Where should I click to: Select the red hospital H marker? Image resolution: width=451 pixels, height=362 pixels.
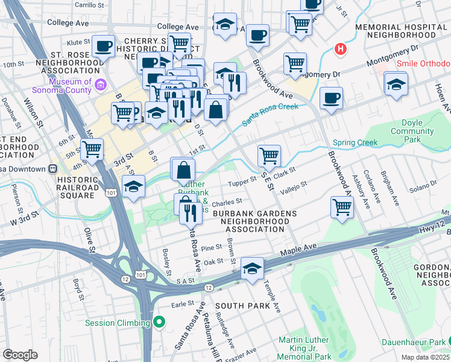[341, 49]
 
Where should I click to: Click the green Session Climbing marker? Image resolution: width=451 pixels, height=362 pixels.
[159, 323]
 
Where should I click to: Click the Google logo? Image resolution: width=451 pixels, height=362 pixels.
[20, 355]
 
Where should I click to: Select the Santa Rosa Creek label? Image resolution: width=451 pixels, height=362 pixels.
[271, 114]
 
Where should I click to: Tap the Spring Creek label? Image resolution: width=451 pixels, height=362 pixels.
[355, 143]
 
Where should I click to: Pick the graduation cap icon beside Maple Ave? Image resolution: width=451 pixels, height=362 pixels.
[253, 268]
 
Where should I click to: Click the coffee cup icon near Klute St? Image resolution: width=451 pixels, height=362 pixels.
[103, 45]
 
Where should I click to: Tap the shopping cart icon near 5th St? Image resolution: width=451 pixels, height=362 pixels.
[92, 148]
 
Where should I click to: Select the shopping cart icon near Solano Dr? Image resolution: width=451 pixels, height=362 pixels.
[342, 206]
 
